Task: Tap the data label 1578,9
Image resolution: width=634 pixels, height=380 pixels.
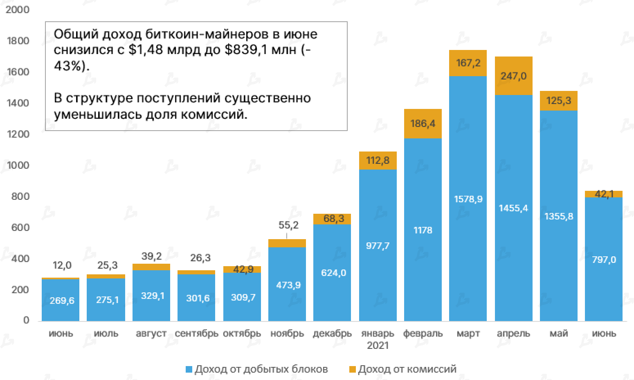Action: point(468,199)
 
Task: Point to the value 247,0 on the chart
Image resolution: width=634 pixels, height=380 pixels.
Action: point(513,76)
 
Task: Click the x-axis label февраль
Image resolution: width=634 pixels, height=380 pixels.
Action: point(423,333)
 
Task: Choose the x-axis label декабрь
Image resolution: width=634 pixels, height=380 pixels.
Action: point(332,333)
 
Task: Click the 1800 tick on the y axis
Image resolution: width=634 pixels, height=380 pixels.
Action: point(18,41)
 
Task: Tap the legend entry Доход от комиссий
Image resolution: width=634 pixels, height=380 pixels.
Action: point(407,369)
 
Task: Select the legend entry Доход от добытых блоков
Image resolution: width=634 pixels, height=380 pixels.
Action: point(261,369)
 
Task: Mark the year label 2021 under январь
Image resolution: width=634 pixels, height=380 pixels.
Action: point(378,345)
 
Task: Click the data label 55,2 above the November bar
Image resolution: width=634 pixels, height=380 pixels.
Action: point(288,225)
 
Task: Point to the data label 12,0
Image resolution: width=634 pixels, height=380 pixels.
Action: point(62,266)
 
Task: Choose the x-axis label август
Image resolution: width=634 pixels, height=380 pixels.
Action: point(151,333)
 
